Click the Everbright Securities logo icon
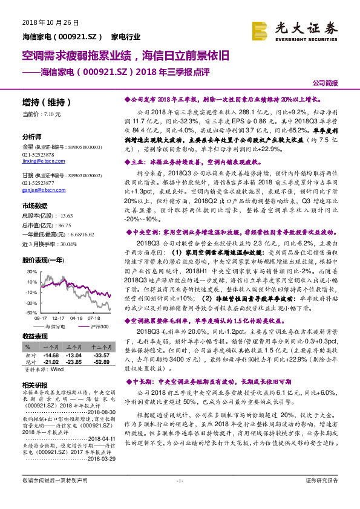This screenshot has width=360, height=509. point(261,28)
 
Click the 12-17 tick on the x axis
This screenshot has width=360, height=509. point(59,317)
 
